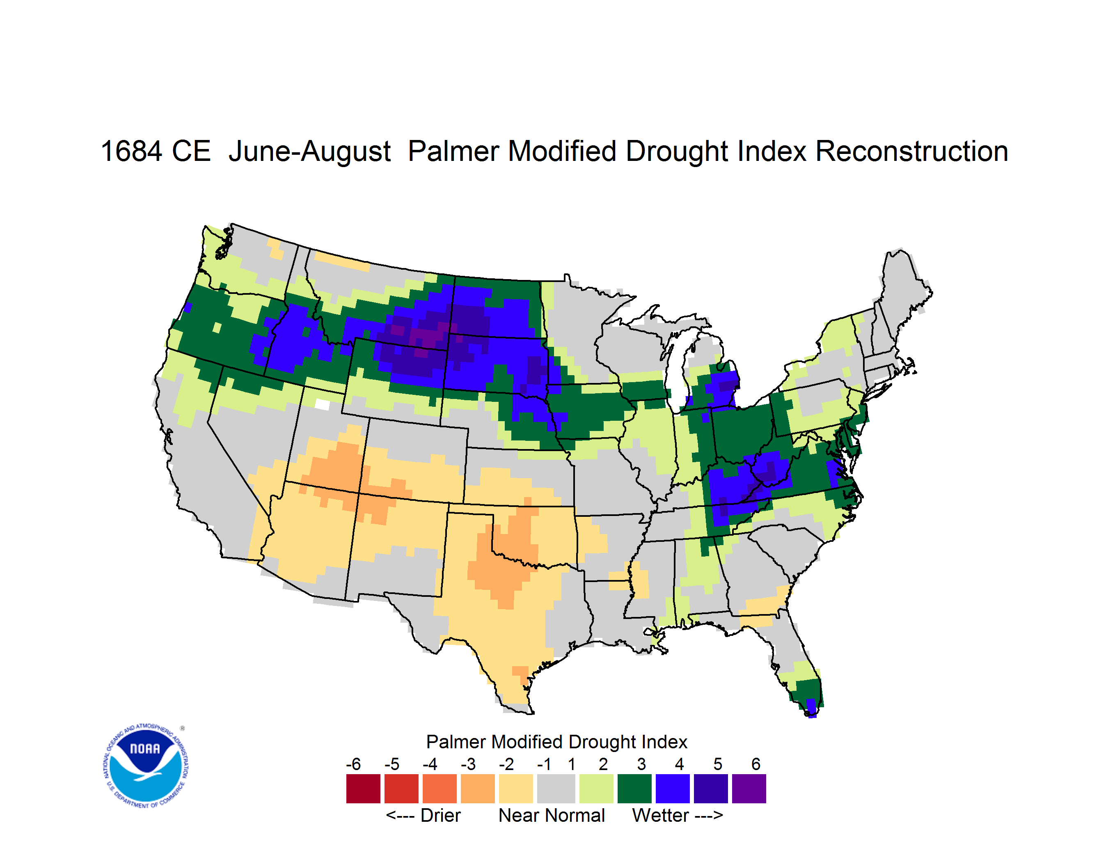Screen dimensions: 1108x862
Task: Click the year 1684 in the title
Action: [x=131, y=151]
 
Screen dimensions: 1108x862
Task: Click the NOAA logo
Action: [x=146, y=766]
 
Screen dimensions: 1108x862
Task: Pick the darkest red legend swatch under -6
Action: [x=363, y=789]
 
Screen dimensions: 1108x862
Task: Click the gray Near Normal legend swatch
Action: [x=556, y=789]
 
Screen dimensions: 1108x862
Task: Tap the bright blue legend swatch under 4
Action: [x=673, y=789]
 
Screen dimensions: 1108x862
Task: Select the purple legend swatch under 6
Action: [x=749, y=789]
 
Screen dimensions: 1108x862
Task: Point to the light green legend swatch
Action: [x=596, y=789]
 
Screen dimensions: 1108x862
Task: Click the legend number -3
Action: [x=468, y=764]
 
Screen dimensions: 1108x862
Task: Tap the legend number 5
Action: [x=718, y=764]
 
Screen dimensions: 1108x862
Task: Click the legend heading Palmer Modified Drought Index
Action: [x=556, y=742]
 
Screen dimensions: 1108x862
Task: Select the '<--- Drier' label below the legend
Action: [x=423, y=815]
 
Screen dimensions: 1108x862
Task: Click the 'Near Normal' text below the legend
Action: [x=552, y=815]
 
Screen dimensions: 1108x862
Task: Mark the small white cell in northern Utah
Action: [x=322, y=404]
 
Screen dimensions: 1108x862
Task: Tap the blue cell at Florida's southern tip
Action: [x=811, y=708]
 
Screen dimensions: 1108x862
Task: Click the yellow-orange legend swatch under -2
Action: [x=516, y=789]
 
